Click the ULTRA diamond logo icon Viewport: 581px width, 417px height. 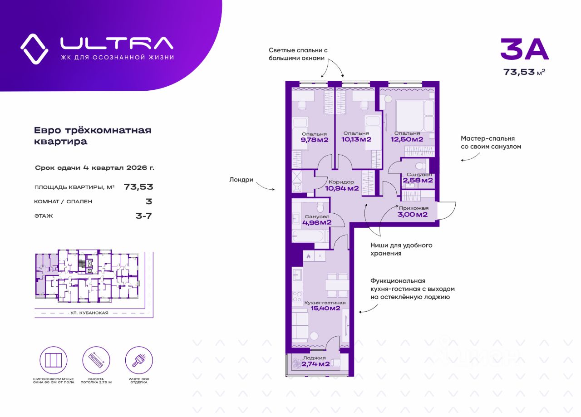[34, 49]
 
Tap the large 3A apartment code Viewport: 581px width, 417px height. [524, 49]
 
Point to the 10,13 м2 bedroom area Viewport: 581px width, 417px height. [356, 139]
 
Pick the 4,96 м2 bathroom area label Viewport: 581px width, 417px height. [316, 222]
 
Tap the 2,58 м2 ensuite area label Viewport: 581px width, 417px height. [418, 180]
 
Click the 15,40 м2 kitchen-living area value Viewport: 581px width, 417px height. [325, 309]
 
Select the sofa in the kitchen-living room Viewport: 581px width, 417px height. [300, 326]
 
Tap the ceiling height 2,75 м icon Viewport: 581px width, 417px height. [96, 360]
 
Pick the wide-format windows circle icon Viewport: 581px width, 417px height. [54, 360]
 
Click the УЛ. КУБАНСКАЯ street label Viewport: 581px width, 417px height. [89, 313]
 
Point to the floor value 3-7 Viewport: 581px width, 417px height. [144, 216]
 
